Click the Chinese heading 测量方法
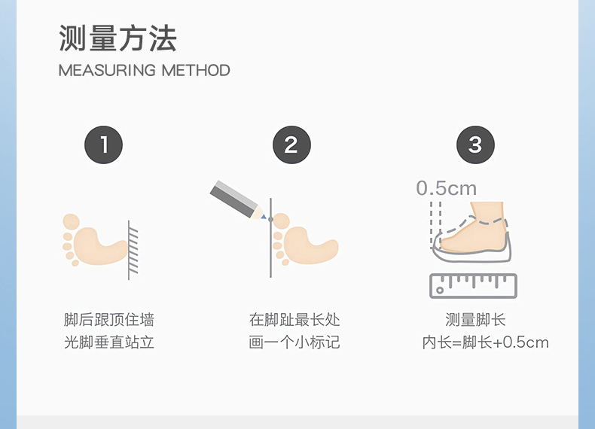pyautogui.click(x=118, y=38)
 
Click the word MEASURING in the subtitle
pyautogui.click(x=108, y=71)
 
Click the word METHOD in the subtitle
pyautogui.click(x=196, y=71)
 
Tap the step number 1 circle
pyautogui.click(x=104, y=145)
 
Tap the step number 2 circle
pyautogui.click(x=291, y=145)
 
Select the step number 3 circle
pyautogui.click(x=475, y=145)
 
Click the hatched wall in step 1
pyautogui.click(x=133, y=251)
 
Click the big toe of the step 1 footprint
pyautogui.click(x=72, y=221)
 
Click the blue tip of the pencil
pyautogui.click(x=264, y=217)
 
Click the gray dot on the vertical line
pyautogui.click(x=270, y=219)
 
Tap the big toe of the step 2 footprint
pyautogui.click(x=282, y=221)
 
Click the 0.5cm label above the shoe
pyautogui.click(x=446, y=188)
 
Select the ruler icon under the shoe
pyautogui.click(x=473, y=286)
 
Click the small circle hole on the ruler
pyautogui.click(x=440, y=291)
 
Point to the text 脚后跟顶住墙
pyautogui.click(x=109, y=320)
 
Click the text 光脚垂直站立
pyautogui.click(x=109, y=342)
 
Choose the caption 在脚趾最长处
pyautogui.click(x=294, y=320)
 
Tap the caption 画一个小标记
pyautogui.click(x=294, y=342)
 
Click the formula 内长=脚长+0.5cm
pyautogui.click(x=485, y=342)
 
